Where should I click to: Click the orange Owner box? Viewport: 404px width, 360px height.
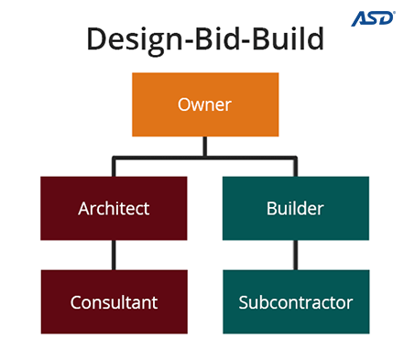204,104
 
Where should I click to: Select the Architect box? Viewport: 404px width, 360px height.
114,209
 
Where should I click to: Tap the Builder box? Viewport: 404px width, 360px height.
295,209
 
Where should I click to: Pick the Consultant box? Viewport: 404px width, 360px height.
114,302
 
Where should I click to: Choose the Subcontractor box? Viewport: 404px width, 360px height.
295,302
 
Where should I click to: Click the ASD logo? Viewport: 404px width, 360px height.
375,18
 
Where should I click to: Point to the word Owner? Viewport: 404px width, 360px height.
204,104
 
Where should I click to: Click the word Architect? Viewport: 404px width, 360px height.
114,209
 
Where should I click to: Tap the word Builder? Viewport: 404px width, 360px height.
295,209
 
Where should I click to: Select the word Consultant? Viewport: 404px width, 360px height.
114,302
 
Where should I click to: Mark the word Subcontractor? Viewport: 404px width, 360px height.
295,302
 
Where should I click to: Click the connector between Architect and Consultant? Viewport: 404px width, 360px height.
114,256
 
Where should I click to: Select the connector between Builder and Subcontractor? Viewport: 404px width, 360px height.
295,256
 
